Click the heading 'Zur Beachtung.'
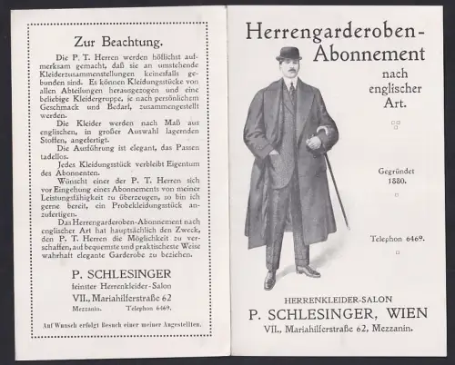[x=113, y=42]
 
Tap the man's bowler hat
[x=290, y=54]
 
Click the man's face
[x=291, y=68]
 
